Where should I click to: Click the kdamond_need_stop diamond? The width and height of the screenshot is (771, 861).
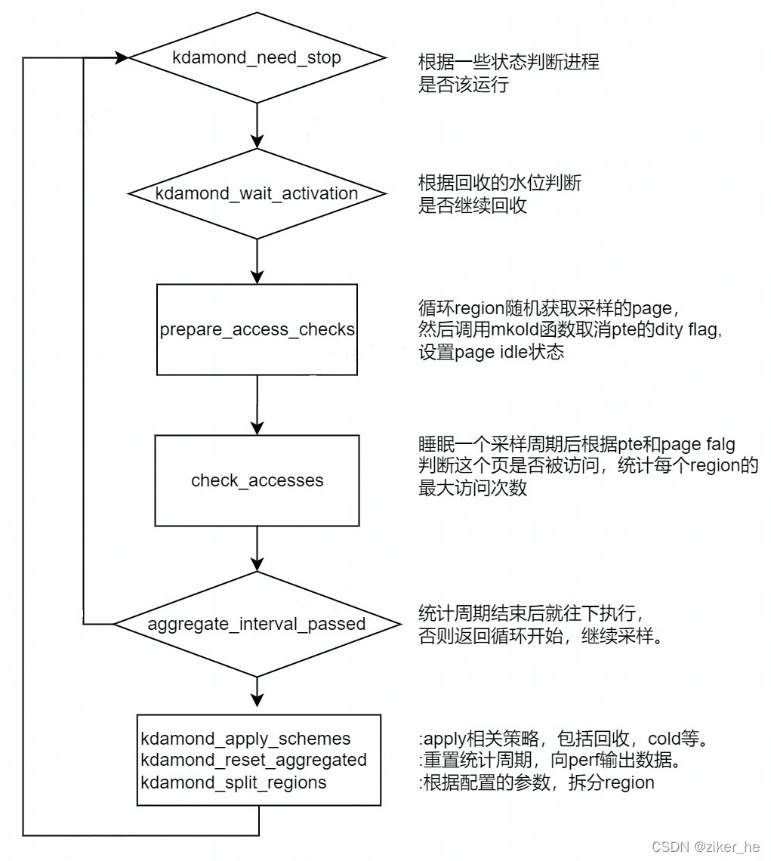coord(258,58)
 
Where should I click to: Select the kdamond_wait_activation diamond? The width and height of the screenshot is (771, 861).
coord(258,193)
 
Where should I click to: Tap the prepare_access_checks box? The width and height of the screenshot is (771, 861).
coord(258,329)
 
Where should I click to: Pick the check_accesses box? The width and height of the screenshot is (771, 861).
coord(258,480)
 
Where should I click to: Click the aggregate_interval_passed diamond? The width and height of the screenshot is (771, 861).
coord(258,624)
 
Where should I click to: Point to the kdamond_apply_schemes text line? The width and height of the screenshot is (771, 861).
coord(246,738)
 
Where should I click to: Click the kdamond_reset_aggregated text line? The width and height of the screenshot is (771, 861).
coord(254,760)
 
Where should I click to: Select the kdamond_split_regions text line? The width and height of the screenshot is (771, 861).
coord(234,782)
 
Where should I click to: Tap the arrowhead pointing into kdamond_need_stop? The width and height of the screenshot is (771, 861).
coord(122,57)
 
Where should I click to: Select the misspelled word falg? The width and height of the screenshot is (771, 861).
coord(718,444)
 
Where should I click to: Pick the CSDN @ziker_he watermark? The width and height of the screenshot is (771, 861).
coord(706,847)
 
